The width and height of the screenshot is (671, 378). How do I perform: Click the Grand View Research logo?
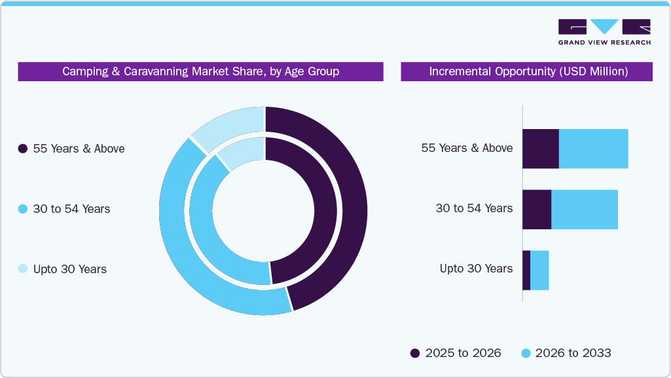[x=604, y=31]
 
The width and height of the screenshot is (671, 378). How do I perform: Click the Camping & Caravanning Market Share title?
[x=200, y=71]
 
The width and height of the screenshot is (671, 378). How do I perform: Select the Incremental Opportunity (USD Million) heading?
[x=528, y=71]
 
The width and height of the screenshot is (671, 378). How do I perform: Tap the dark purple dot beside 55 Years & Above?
[x=23, y=149]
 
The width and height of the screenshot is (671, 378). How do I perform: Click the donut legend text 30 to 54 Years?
[x=71, y=209]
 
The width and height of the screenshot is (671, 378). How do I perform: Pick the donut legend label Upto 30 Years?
[x=69, y=269]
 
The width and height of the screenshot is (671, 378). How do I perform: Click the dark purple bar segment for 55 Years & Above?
[x=540, y=149]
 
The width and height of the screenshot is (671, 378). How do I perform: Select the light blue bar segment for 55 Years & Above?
[x=593, y=149]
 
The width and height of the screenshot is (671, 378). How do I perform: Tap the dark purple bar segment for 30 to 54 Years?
[x=537, y=210]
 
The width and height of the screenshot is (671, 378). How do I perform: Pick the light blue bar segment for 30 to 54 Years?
[x=585, y=210]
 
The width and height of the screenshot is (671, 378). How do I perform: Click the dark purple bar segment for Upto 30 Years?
[x=526, y=270]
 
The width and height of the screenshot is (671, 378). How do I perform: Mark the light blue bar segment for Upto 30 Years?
[x=539, y=270]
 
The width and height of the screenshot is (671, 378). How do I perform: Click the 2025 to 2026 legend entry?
[x=456, y=353]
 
